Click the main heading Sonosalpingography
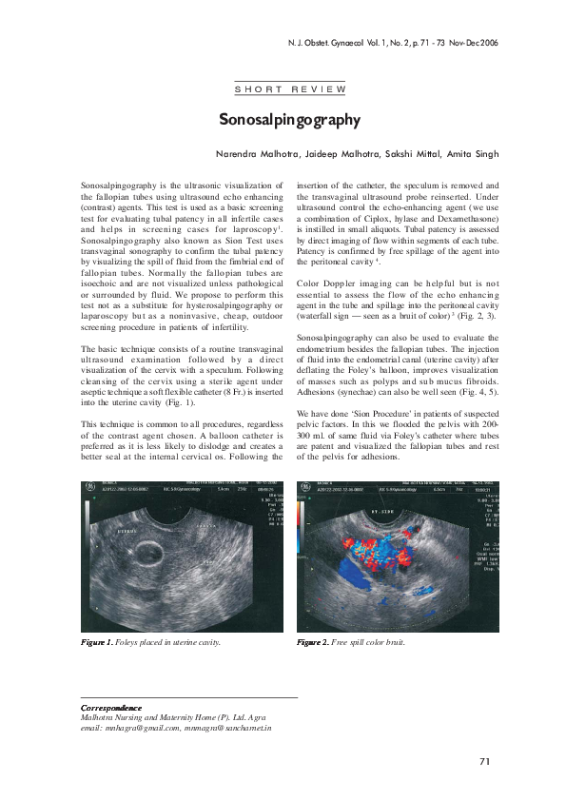pyautogui.click(x=289, y=120)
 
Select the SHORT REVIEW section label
pyautogui.click(x=289, y=88)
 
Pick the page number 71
pyautogui.click(x=484, y=761)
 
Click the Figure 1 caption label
pyautogui.click(x=97, y=642)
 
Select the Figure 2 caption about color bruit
pyautogui.click(x=351, y=642)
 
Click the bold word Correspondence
pyautogui.click(x=111, y=708)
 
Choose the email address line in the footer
pyautogui.click(x=176, y=727)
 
